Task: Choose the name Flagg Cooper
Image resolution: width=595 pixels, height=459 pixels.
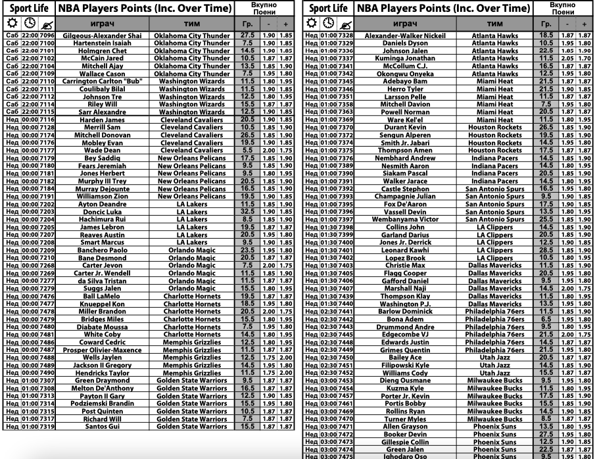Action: (404, 273)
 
